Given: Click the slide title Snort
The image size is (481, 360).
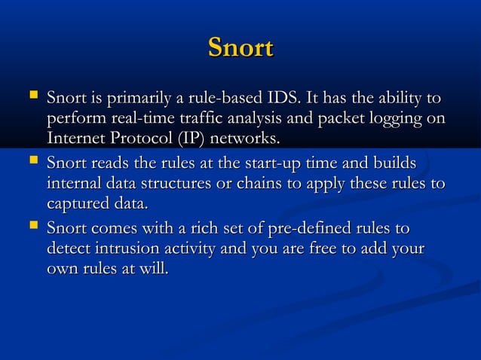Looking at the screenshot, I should point(240,47).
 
